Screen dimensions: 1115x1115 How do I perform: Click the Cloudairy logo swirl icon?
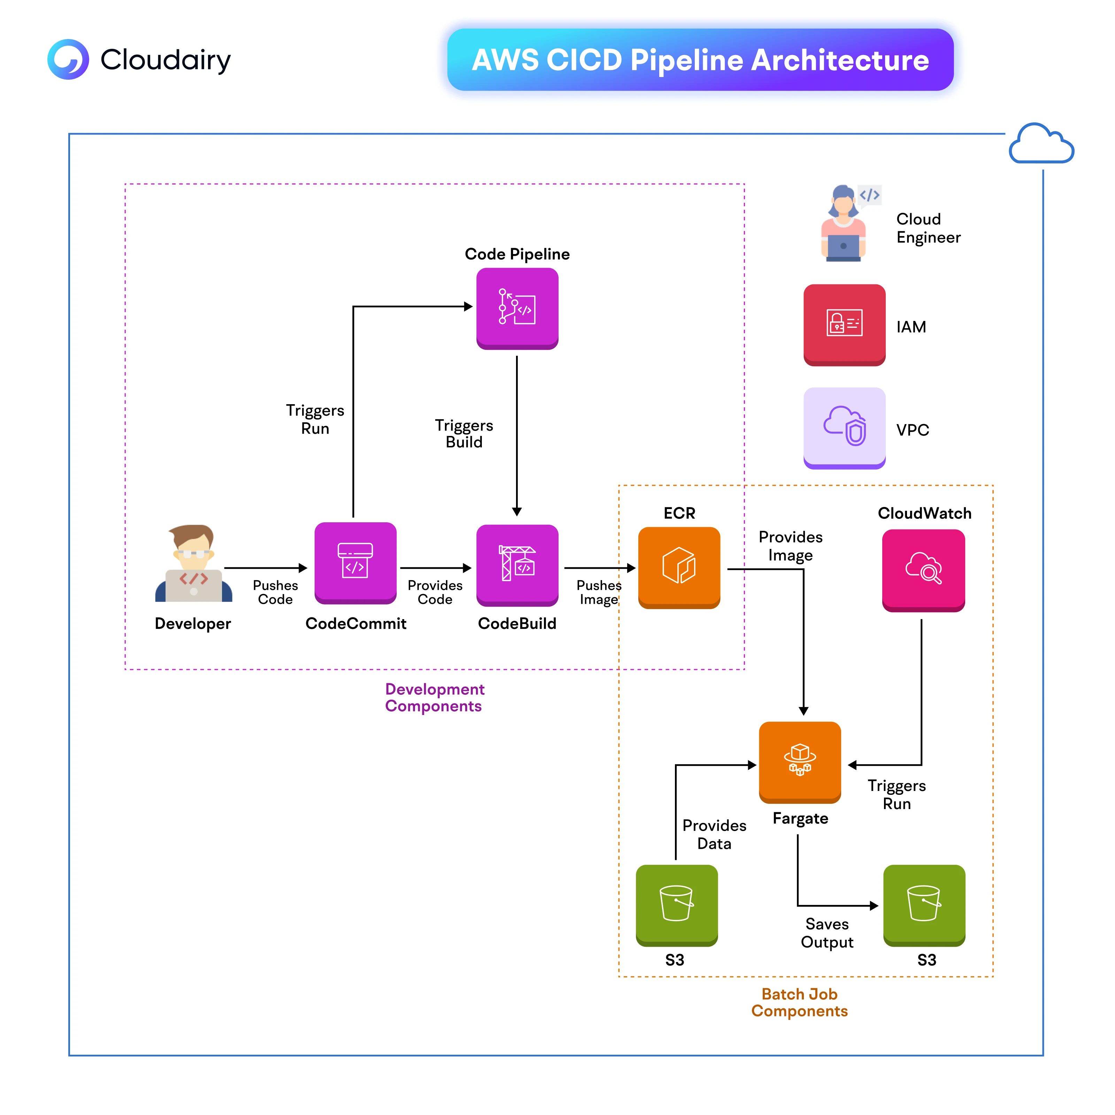pos(68,60)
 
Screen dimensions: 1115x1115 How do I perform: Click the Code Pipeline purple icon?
pos(517,308)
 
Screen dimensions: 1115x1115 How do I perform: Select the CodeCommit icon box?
pos(355,563)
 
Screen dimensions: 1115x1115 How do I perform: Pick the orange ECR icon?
pos(679,567)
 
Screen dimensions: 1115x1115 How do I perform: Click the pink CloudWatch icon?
pos(923,570)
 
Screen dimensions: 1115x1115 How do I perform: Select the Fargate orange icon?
pos(800,761)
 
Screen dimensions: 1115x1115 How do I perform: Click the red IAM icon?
pos(844,324)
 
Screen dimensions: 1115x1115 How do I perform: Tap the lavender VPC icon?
pos(844,428)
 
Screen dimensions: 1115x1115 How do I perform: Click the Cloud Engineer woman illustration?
pos(844,224)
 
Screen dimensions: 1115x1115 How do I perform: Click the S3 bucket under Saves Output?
pos(924,904)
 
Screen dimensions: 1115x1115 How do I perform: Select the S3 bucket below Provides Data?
pos(676,904)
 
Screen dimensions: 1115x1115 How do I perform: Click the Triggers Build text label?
pos(464,433)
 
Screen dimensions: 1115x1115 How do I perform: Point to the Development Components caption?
pos(434,697)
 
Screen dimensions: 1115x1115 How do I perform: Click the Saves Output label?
pos(826,933)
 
